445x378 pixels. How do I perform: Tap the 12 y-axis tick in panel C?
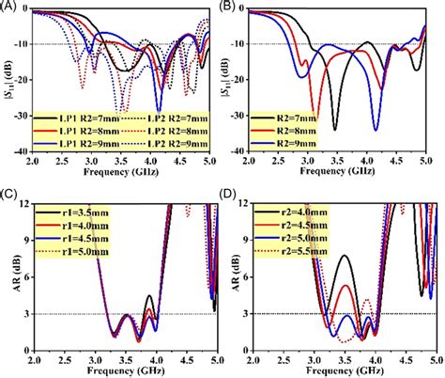click(x=25, y=204)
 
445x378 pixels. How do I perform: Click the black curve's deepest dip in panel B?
click(x=334, y=130)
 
